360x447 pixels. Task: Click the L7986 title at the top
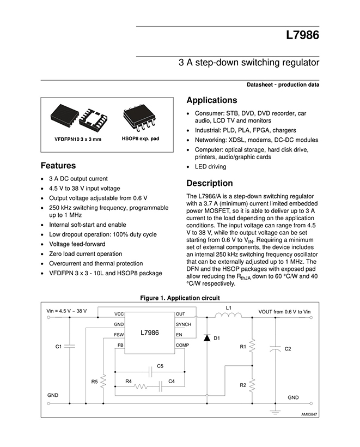[302, 37]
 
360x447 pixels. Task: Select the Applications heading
[211, 100]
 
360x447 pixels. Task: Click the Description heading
[209, 183]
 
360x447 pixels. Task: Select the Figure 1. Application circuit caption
[180, 298]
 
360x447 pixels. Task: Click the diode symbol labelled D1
[207, 338]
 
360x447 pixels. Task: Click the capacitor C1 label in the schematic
[59, 346]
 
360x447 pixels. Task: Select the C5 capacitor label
[160, 365]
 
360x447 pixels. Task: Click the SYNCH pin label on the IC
[184, 324]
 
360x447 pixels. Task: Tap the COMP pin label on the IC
[182, 345]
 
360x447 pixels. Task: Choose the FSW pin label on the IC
[119, 335]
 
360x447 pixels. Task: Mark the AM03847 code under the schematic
[309, 414]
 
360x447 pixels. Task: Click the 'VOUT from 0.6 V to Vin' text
[284, 311]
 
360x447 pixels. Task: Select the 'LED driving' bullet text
[210, 167]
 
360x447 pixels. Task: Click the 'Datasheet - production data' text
[283, 84]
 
